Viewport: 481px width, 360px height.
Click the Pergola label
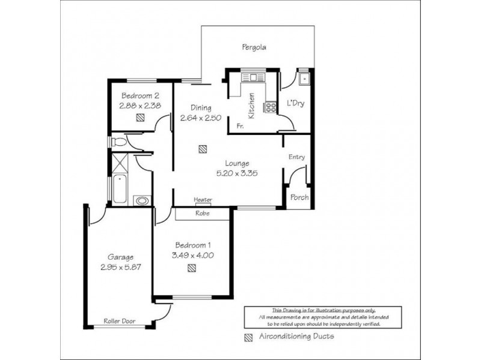click(254, 47)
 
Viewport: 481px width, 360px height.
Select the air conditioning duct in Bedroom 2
click(140, 118)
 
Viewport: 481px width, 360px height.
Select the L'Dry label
click(295, 103)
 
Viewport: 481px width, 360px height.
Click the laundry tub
click(304, 78)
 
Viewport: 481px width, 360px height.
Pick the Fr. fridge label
click(239, 127)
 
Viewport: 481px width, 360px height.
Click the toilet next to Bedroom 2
click(118, 142)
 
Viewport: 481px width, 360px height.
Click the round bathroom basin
click(142, 200)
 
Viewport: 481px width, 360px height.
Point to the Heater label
click(202, 200)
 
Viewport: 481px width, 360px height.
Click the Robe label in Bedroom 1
click(202, 213)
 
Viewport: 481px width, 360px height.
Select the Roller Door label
click(119, 321)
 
